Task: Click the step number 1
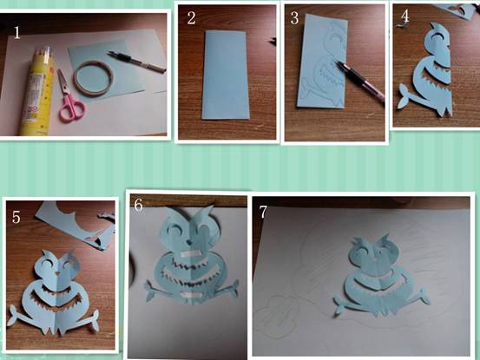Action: coord(16,32)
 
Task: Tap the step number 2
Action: coord(191,17)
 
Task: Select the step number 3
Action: coord(294,18)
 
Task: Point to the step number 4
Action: coord(404,16)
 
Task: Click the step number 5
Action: coord(16,217)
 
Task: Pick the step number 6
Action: coord(138,205)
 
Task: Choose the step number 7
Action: coord(263,212)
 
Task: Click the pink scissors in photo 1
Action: coord(69,97)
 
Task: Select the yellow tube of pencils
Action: coord(38,90)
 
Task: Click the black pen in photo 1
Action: coord(136,62)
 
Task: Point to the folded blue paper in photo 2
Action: coord(225,75)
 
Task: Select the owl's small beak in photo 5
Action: coord(58,272)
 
